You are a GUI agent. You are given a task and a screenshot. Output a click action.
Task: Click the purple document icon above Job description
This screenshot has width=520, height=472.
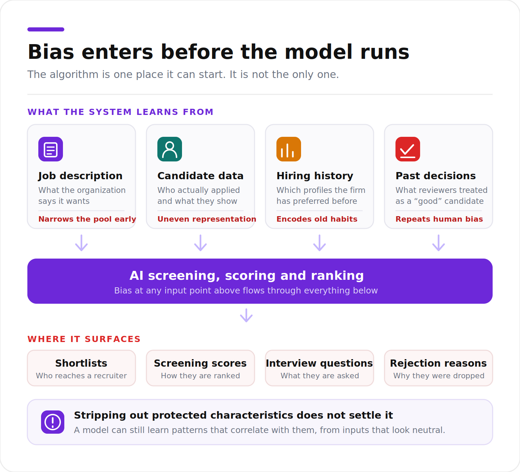coord(51,149)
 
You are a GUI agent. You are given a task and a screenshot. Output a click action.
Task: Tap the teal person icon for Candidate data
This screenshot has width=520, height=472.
coord(170,149)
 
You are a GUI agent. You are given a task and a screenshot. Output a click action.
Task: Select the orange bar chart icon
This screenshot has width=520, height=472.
coord(288,149)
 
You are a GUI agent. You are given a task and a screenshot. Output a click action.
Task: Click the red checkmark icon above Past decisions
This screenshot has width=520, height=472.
coord(407,149)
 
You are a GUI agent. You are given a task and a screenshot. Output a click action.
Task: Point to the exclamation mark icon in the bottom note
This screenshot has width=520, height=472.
coord(53,422)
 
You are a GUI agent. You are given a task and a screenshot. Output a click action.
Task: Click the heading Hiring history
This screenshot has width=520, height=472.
coord(315,176)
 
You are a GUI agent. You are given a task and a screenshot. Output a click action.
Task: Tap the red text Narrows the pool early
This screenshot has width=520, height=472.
coord(87,219)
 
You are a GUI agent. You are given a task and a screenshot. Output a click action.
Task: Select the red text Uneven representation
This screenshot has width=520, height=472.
coord(207,219)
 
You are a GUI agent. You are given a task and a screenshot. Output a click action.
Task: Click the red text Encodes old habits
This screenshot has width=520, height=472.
coord(317,219)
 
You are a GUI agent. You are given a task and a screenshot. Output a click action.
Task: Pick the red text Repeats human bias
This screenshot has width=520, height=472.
coord(439,219)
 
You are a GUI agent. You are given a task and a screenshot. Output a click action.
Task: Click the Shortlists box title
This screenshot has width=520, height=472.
coord(81,363)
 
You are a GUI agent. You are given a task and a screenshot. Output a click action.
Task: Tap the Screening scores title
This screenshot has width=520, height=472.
coord(200,363)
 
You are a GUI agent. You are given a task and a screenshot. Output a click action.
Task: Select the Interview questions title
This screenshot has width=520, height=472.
coord(320,363)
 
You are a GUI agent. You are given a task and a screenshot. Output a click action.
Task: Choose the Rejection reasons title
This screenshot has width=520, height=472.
coord(438,363)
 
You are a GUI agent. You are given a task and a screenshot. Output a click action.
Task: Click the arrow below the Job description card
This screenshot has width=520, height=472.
coord(81,243)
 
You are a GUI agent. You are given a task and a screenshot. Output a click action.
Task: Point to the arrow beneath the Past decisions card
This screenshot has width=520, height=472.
coord(439,243)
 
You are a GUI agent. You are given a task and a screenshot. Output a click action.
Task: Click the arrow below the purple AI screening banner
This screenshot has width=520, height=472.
coord(246,315)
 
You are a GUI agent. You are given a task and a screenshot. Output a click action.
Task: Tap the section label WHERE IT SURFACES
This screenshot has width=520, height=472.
coord(84,339)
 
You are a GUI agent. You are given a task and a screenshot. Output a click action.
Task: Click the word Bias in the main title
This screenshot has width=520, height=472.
coord(51,52)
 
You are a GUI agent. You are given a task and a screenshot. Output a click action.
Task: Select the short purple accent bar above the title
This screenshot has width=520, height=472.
coord(46,29)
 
